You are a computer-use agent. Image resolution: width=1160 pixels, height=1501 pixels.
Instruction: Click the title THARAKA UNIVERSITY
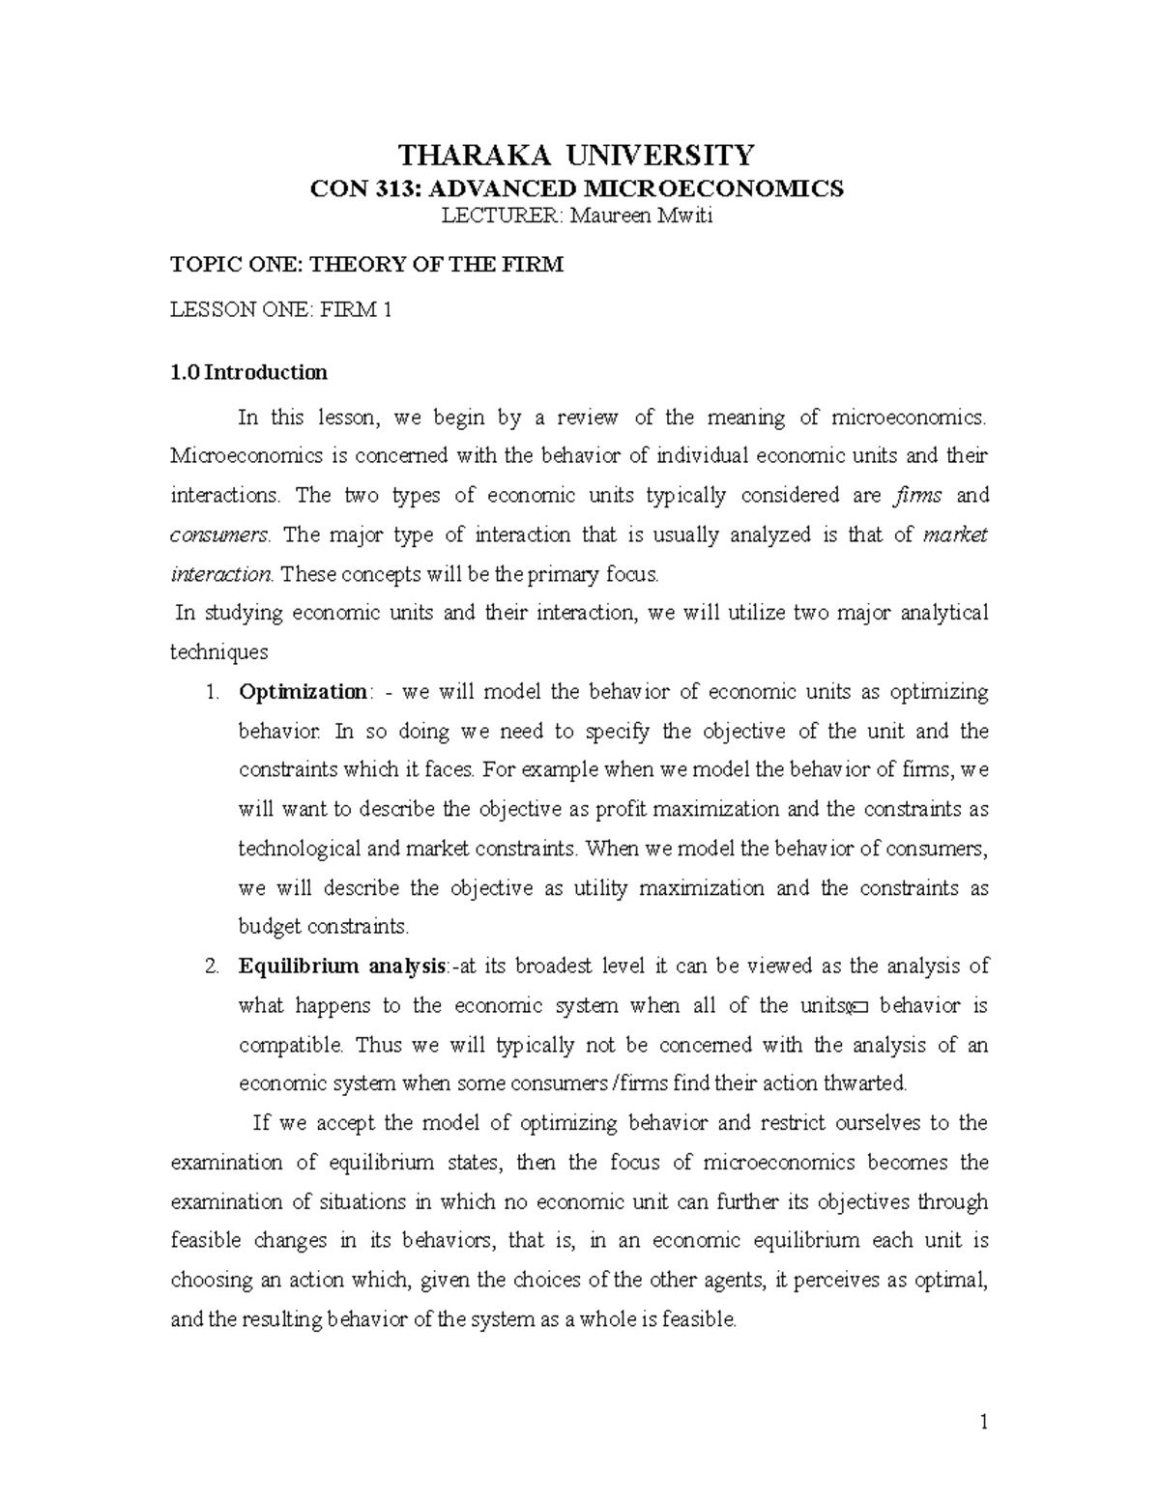[578, 155]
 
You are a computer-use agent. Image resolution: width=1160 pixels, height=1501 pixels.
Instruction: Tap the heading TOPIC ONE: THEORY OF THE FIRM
[366, 264]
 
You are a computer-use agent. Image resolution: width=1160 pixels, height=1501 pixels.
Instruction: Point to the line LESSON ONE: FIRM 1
[280, 310]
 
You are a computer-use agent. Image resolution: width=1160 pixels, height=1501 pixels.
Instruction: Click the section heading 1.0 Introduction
[248, 372]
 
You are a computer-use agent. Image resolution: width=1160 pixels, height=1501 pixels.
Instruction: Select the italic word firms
[917, 496]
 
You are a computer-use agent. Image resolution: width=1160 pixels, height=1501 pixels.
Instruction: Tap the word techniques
[218, 652]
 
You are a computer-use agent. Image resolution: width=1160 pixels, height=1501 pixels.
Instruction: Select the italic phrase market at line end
[955, 535]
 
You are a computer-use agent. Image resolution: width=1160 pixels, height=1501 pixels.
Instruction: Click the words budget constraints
[324, 927]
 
